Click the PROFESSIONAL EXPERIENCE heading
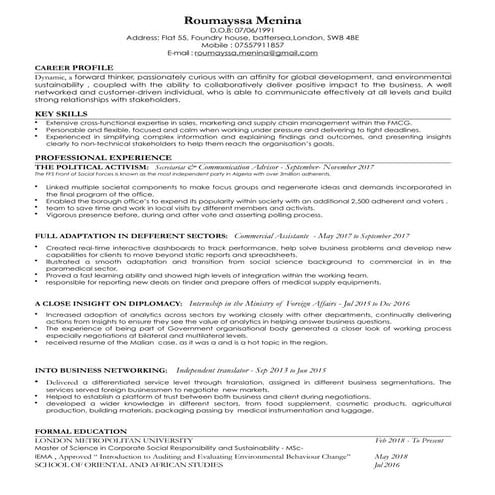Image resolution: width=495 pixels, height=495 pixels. pyautogui.click(x=95, y=158)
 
